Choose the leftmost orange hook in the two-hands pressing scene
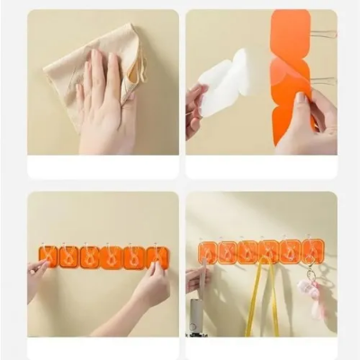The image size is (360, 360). [x=49, y=256]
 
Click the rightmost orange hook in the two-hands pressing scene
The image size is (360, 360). [x=157, y=256]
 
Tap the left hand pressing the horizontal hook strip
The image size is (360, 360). [x=36, y=274]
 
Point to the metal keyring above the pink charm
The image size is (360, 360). [x=311, y=272]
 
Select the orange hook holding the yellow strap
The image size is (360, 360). [x=268, y=252]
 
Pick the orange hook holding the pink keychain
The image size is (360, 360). [x=312, y=251]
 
